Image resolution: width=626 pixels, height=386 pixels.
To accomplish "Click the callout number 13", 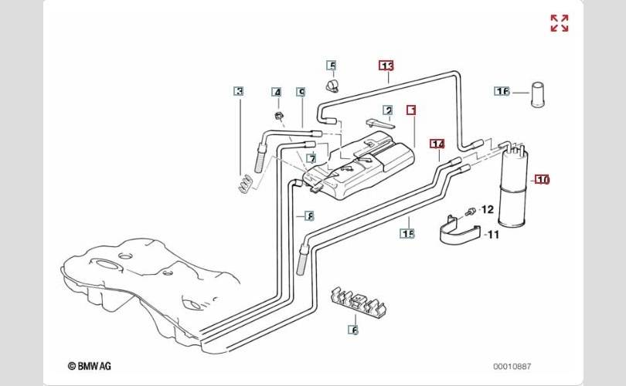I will pyautogui.click(x=386, y=66).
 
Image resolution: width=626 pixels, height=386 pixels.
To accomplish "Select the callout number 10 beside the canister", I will pyautogui.click(x=543, y=180).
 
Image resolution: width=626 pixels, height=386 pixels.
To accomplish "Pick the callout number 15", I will pyautogui.click(x=407, y=232).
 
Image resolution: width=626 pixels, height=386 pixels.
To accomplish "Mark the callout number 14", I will pyautogui.click(x=437, y=144).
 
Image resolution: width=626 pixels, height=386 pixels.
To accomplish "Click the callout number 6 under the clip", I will pyautogui.click(x=355, y=330).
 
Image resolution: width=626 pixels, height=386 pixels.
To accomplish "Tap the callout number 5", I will pyautogui.click(x=332, y=66).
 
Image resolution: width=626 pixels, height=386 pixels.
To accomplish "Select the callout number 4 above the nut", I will pyautogui.click(x=277, y=93).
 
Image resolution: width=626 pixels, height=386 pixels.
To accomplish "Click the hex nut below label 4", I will pyautogui.click(x=278, y=116).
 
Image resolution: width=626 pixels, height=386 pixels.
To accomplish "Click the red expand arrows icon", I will pyautogui.click(x=560, y=23).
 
